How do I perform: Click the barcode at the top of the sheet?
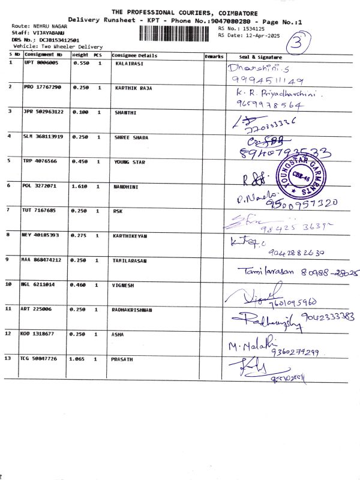[178, 34]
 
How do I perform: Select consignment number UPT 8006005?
[41, 62]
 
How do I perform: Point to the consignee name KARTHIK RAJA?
[133, 88]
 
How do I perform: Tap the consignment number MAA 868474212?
[42, 260]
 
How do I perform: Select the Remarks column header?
[214, 56]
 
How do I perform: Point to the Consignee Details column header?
[134, 55]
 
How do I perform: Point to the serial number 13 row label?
[8, 358]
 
